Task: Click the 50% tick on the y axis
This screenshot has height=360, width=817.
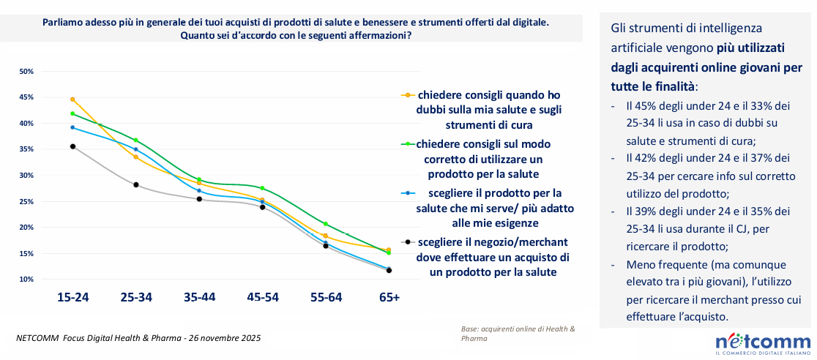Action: click(26, 72)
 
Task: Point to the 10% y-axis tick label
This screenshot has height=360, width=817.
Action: click(26, 280)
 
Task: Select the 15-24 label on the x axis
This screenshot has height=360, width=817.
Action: click(72, 298)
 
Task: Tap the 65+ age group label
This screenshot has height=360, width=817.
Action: click(389, 298)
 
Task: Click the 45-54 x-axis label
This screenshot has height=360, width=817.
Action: click(262, 298)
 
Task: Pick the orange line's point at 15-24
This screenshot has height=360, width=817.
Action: click(72, 100)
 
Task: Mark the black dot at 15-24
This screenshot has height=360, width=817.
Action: click(72, 146)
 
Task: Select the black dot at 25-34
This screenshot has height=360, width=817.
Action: click(136, 184)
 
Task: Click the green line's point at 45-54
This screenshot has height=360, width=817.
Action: click(262, 188)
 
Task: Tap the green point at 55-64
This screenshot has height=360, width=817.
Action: click(326, 224)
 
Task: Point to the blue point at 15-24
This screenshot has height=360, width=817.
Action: click(72, 127)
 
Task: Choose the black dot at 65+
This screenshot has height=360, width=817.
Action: click(389, 271)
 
